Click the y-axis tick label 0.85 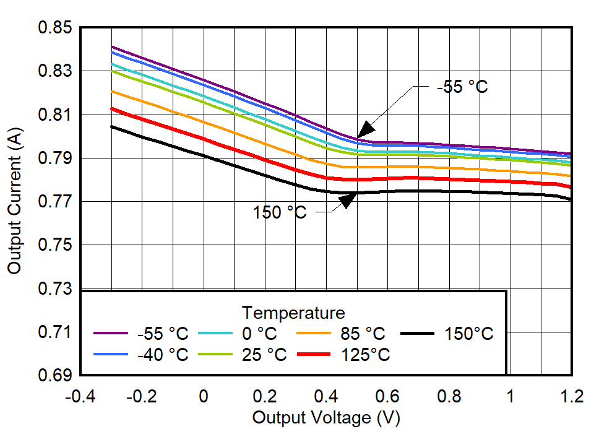pyautogui.click(x=54, y=28)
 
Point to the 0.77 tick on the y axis pyautogui.click(x=54, y=202)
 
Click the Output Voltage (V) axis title pyautogui.click(x=325, y=417)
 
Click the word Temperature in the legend pyautogui.click(x=293, y=311)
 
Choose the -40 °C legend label pyautogui.click(x=162, y=355)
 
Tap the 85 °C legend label pyautogui.click(x=362, y=334)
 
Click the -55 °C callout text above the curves pyautogui.click(x=462, y=87)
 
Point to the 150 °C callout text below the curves pyautogui.click(x=280, y=212)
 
